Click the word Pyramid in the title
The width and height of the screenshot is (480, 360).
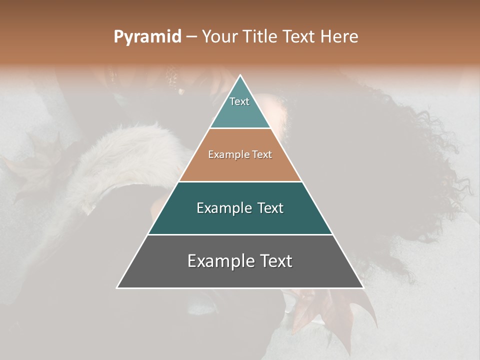[147, 37]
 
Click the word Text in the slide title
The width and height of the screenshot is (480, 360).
[299, 37]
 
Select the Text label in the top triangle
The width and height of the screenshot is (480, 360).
[239, 101]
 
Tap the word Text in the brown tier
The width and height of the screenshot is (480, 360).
[262, 155]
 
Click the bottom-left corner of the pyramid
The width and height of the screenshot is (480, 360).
[117, 287]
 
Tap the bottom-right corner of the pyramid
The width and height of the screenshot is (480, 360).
[363, 287]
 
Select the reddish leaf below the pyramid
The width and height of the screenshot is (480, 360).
[330, 310]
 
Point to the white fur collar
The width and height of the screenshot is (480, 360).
[125, 155]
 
